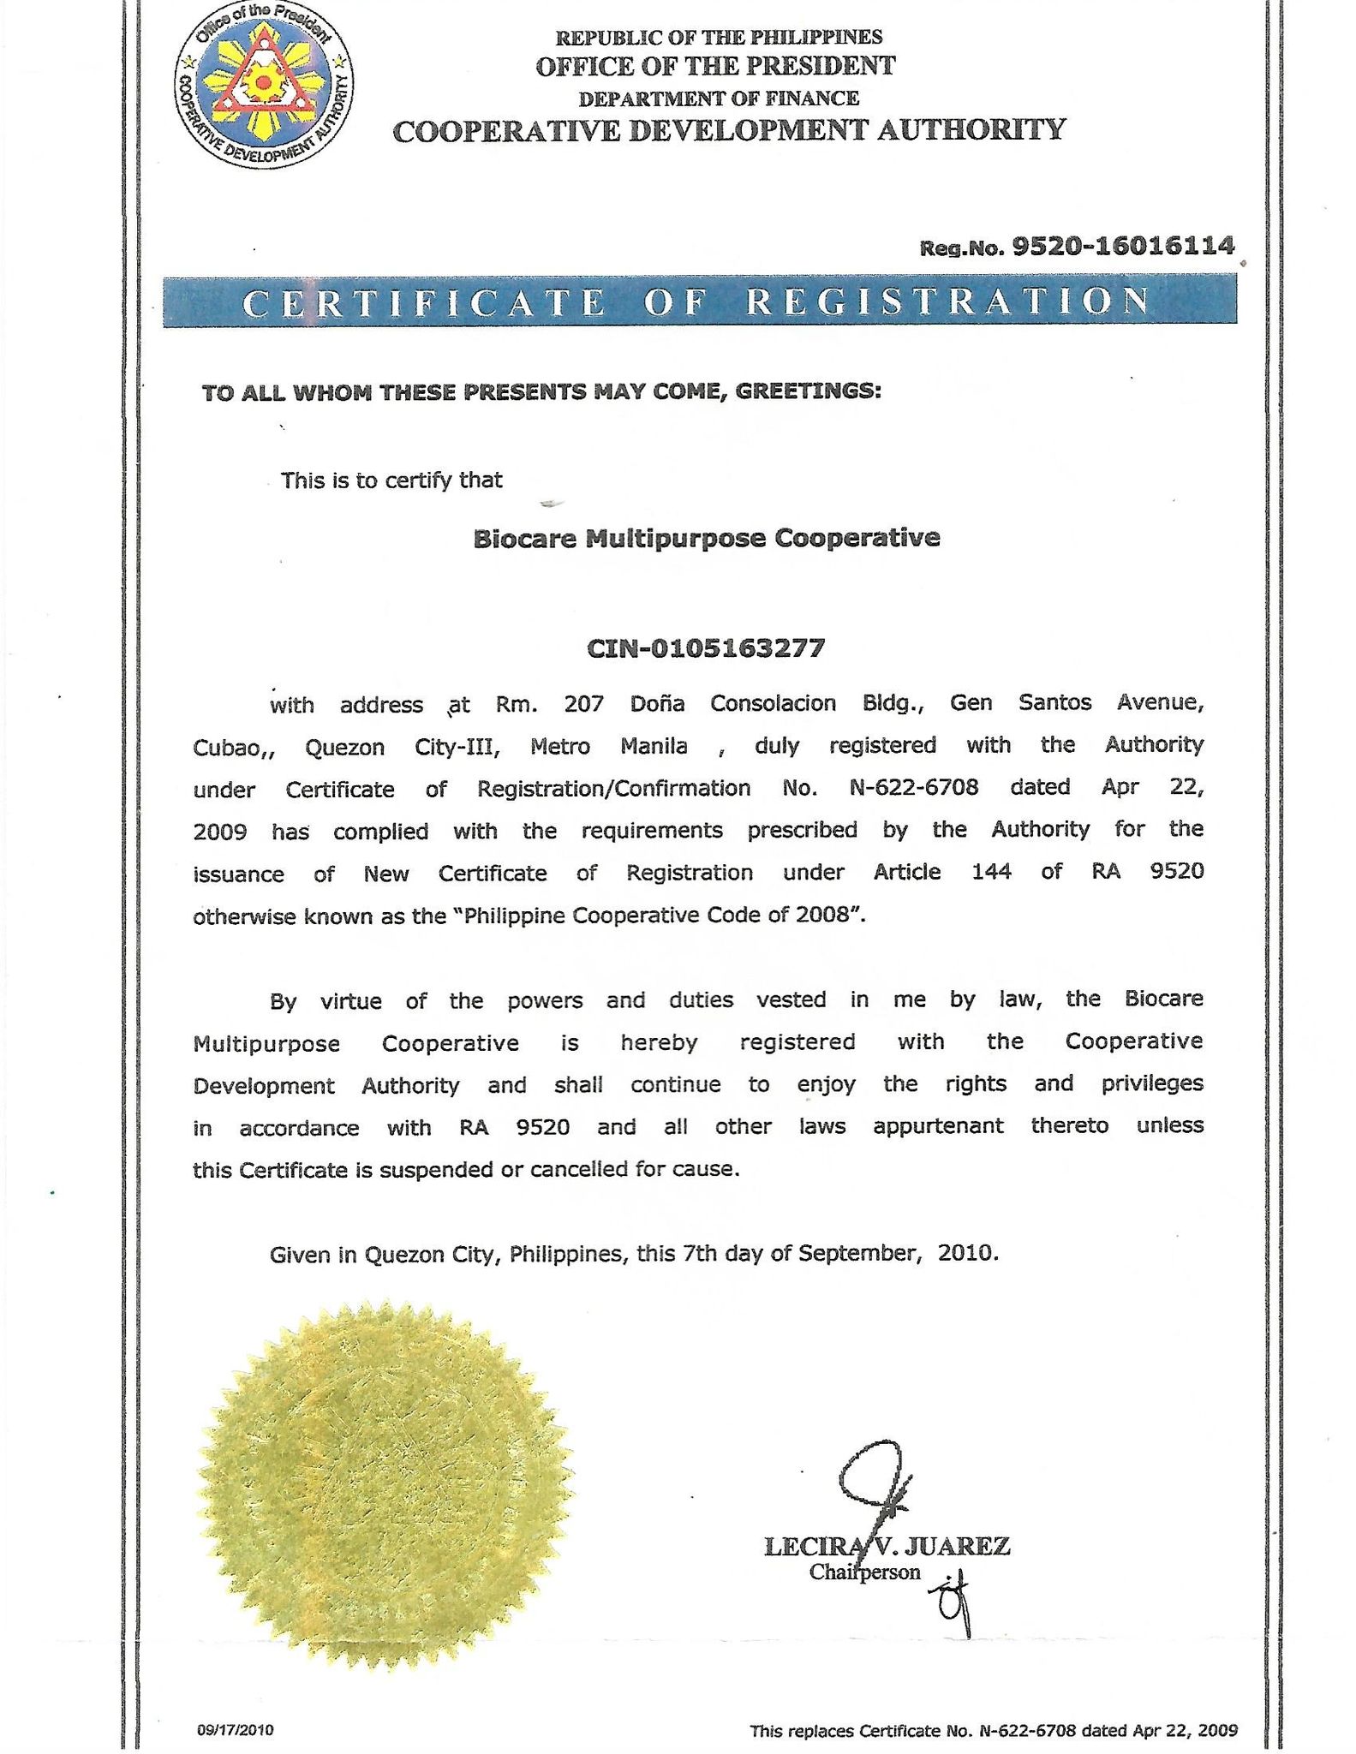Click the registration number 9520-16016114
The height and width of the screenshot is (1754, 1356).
point(1123,247)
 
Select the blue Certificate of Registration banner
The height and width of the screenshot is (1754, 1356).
point(699,301)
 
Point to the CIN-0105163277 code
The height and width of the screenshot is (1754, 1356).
point(706,647)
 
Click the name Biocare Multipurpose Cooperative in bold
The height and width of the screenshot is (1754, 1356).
point(707,539)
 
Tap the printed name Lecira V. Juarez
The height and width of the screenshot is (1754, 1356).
point(887,1547)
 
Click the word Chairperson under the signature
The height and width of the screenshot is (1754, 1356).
point(864,1572)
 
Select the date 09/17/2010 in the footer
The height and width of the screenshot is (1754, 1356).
point(235,1730)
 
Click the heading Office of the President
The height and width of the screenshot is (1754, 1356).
point(715,66)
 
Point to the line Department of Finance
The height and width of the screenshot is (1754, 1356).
point(718,98)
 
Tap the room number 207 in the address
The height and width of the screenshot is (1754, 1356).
point(583,704)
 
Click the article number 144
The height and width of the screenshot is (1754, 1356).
point(991,872)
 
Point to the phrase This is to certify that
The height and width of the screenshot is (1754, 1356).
point(391,480)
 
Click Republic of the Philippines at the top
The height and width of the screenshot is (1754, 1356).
point(719,37)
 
